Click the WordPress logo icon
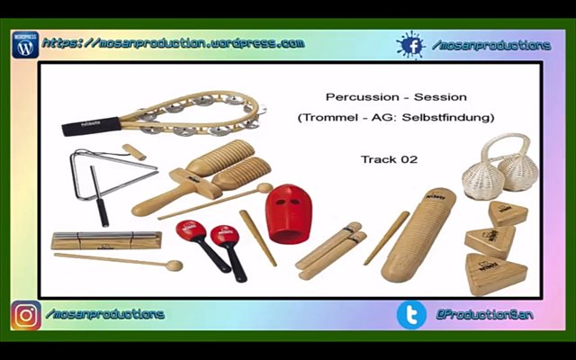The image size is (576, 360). (x=25, y=45)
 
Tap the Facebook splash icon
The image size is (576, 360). (x=411, y=45)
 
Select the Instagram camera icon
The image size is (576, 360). (x=26, y=315)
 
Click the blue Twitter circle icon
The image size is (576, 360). (x=411, y=315)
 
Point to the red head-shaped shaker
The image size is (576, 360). (x=289, y=214)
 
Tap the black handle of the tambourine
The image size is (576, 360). (x=91, y=126)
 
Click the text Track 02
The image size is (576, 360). (x=389, y=159)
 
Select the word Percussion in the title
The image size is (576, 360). (x=362, y=97)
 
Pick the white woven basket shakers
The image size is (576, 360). (x=500, y=168)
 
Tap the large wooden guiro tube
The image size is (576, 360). (x=418, y=235)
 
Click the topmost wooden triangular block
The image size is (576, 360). (x=508, y=213)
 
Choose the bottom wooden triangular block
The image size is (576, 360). (x=496, y=274)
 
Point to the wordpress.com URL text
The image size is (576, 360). (x=174, y=43)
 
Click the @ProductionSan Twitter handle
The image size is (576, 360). (x=484, y=315)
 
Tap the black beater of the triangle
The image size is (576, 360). (x=100, y=196)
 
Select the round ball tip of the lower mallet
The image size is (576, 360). (x=174, y=265)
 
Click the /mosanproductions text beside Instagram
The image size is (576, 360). (x=105, y=314)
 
